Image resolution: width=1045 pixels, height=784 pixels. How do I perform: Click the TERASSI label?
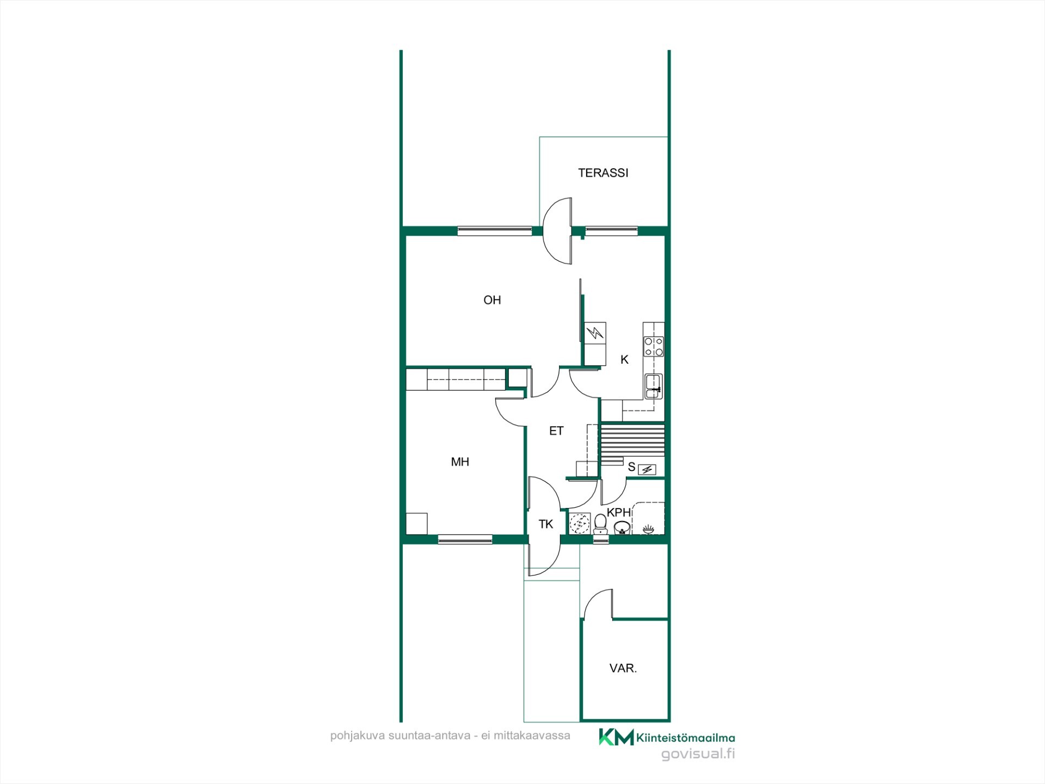pos(603,173)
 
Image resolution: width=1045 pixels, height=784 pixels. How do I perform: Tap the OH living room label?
pos(492,300)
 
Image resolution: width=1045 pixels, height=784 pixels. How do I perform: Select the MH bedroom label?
pos(460,462)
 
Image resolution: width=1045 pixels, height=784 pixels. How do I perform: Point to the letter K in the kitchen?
pos(624,360)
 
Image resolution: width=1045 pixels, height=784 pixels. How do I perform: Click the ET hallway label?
pos(556,431)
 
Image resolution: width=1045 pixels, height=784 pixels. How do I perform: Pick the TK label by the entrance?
pos(546,524)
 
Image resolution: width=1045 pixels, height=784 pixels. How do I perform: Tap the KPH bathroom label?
pos(619,512)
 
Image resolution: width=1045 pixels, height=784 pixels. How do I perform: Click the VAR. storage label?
pos(623,669)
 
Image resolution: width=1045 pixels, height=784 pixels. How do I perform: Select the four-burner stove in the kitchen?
pos(654,346)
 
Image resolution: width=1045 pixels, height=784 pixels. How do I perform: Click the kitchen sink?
pos(653,386)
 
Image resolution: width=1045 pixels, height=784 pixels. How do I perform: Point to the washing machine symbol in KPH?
pos(580,523)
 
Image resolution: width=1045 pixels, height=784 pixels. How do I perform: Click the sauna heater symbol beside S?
pos(647,469)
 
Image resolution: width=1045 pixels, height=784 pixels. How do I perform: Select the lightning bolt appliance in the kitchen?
pos(595,332)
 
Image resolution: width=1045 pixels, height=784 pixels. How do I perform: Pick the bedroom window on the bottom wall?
pos(465,540)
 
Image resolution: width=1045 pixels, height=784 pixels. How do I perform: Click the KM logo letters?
pos(616,737)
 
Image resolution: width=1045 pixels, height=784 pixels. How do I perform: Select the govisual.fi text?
pos(698,754)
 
